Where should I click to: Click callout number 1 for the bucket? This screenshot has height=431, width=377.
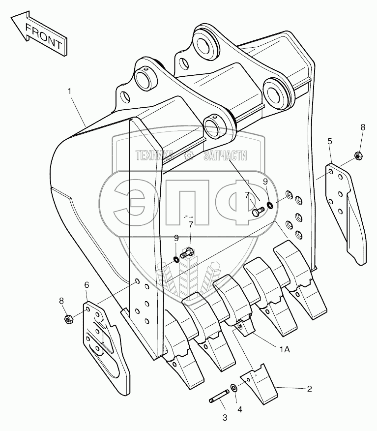tap(70, 91)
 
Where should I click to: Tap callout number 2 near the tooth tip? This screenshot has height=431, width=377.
tap(309, 389)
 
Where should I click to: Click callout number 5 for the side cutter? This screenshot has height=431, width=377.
tap(330, 141)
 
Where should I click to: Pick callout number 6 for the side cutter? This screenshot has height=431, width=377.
tap(87, 285)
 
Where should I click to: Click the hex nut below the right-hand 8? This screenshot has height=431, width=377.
tap(358, 156)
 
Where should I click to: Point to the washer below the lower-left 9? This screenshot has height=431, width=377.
tap(176, 259)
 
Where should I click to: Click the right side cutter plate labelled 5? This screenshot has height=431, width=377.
tap(347, 207)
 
